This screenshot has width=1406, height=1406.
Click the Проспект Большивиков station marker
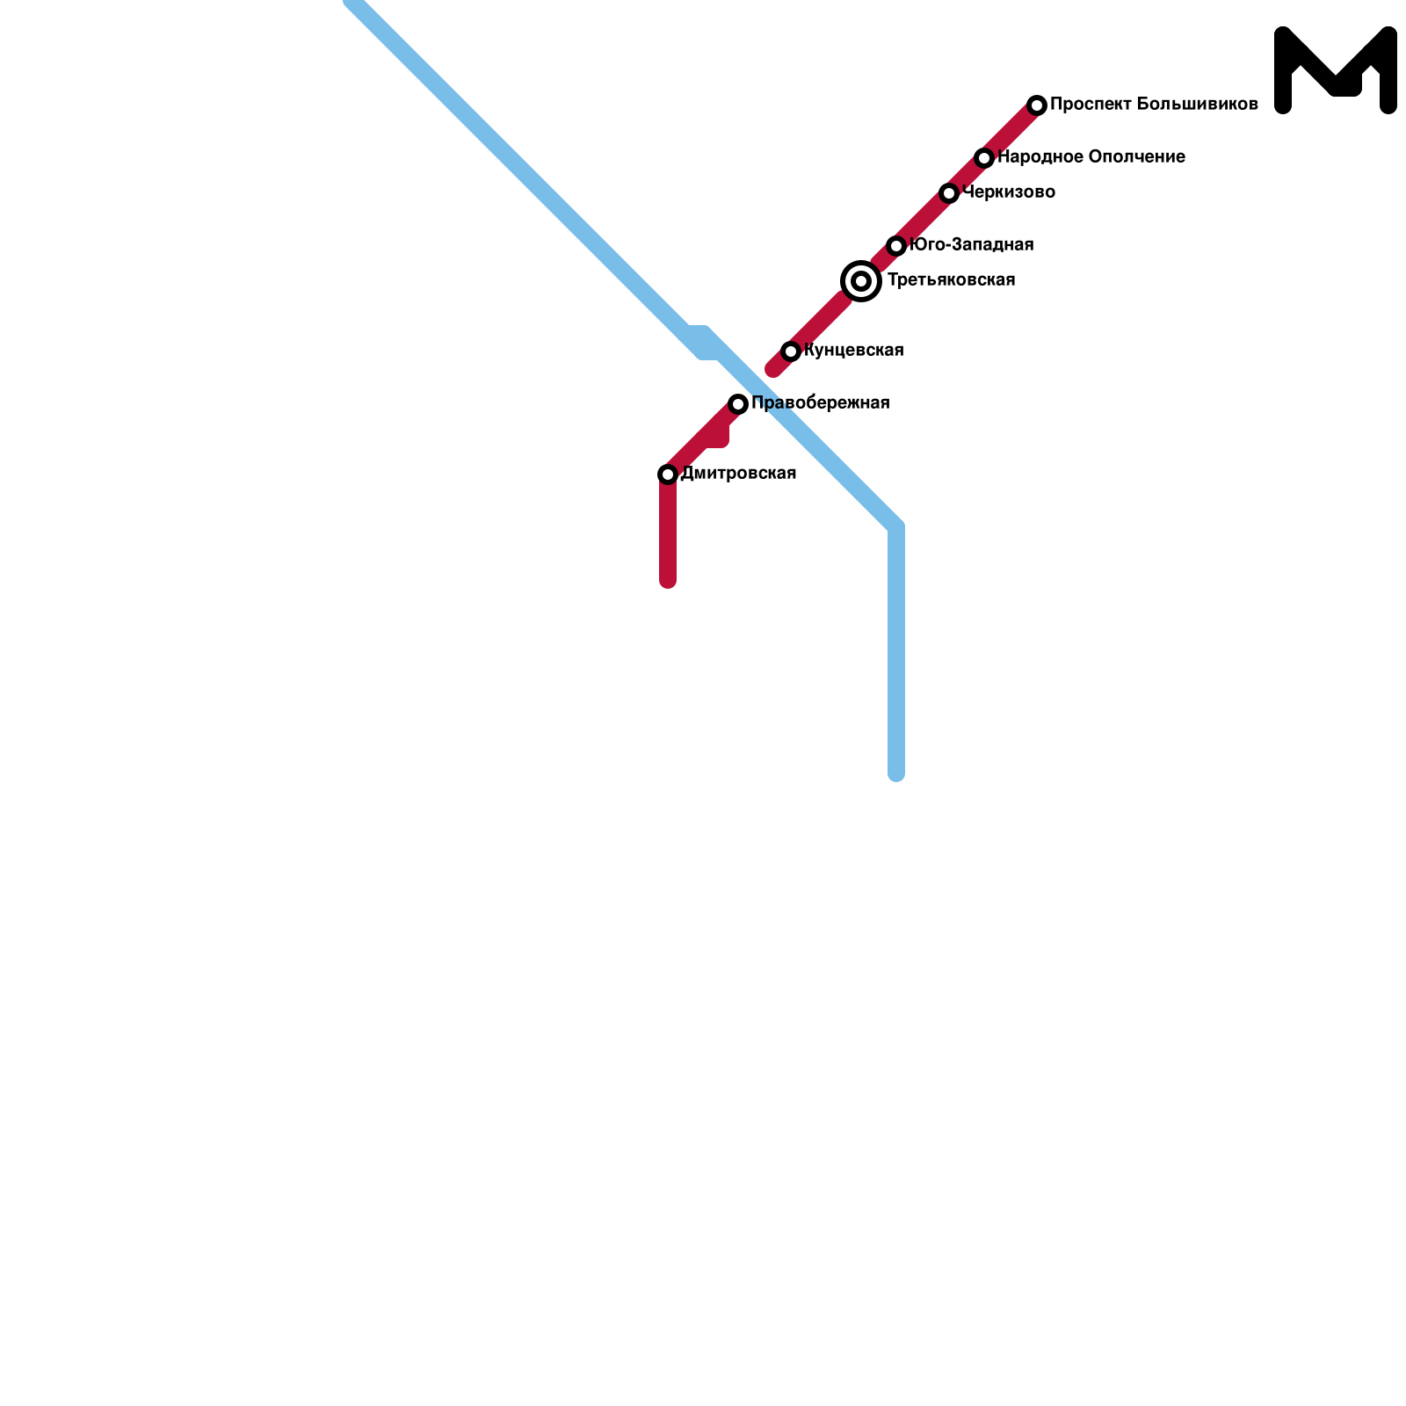click(1037, 105)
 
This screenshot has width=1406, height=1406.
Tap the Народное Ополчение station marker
click(984, 158)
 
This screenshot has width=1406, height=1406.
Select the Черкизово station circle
click(949, 193)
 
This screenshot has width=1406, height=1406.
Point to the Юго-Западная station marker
click(896, 246)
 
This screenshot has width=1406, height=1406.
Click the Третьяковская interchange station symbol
click(861, 281)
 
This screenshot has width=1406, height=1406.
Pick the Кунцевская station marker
click(791, 351)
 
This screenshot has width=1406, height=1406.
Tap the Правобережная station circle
click(738, 404)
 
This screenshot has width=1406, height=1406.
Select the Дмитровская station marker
click(668, 475)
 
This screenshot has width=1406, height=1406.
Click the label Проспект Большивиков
click(1154, 105)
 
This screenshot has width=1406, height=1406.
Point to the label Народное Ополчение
click(1091, 157)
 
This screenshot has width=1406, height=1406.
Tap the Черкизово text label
click(1009, 192)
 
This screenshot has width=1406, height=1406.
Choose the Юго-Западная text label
click(971, 245)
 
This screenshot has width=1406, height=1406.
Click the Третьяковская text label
click(951, 280)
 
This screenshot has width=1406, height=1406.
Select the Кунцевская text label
click(853, 351)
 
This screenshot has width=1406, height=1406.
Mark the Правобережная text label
click(820, 403)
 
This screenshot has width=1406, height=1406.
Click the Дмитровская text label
click(738, 474)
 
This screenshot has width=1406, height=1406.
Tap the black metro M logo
click(1335, 70)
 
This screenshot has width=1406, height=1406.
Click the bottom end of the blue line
click(896, 773)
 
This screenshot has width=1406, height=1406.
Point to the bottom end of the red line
click(668, 580)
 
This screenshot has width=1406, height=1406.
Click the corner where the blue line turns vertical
click(896, 527)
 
